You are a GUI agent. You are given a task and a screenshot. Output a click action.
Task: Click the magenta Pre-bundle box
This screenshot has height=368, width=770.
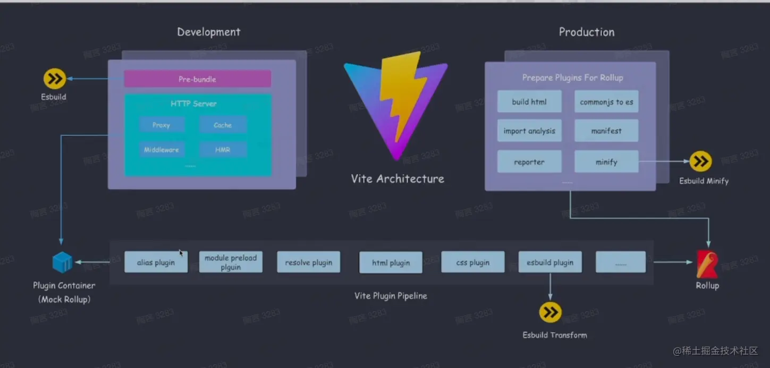click(x=197, y=79)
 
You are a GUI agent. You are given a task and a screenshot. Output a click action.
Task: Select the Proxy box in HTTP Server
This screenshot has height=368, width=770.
click(x=162, y=125)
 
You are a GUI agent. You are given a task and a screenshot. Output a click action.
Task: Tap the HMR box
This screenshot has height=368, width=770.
click(x=223, y=150)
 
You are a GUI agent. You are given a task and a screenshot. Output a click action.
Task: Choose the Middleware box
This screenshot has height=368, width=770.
click(x=162, y=150)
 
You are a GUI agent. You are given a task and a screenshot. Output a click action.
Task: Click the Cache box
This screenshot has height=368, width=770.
click(x=223, y=125)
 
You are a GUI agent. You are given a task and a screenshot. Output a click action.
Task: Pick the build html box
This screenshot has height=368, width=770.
click(x=529, y=101)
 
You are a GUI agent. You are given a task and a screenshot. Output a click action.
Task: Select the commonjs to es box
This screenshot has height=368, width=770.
click(x=606, y=101)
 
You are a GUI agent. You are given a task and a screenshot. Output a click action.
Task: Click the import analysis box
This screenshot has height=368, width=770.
click(x=529, y=131)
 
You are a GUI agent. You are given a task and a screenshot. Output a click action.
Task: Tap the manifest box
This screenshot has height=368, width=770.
click(x=606, y=131)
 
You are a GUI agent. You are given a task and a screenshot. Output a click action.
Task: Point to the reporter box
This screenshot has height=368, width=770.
click(x=529, y=162)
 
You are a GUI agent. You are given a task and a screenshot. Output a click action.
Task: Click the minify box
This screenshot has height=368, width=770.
click(x=606, y=162)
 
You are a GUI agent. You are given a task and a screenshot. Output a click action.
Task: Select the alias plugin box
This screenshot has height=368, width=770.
click(x=156, y=262)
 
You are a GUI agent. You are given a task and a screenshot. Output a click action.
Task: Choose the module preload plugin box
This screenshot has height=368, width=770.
click(x=231, y=262)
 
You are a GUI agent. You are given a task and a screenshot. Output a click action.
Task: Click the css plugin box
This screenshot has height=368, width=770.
click(x=472, y=262)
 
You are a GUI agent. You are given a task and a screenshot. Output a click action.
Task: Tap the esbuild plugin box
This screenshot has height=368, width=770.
click(x=550, y=262)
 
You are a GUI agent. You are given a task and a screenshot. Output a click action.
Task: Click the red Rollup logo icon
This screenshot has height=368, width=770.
click(x=707, y=264)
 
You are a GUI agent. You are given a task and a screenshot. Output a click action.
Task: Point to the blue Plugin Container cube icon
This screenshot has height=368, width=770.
click(x=62, y=262)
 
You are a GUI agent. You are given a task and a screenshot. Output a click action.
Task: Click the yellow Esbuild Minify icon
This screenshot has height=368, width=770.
click(x=701, y=161)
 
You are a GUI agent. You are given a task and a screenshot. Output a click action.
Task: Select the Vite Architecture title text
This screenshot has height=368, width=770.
click(x=397, y=179)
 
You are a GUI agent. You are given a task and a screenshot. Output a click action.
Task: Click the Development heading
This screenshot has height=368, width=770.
click(x=209, y=32)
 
